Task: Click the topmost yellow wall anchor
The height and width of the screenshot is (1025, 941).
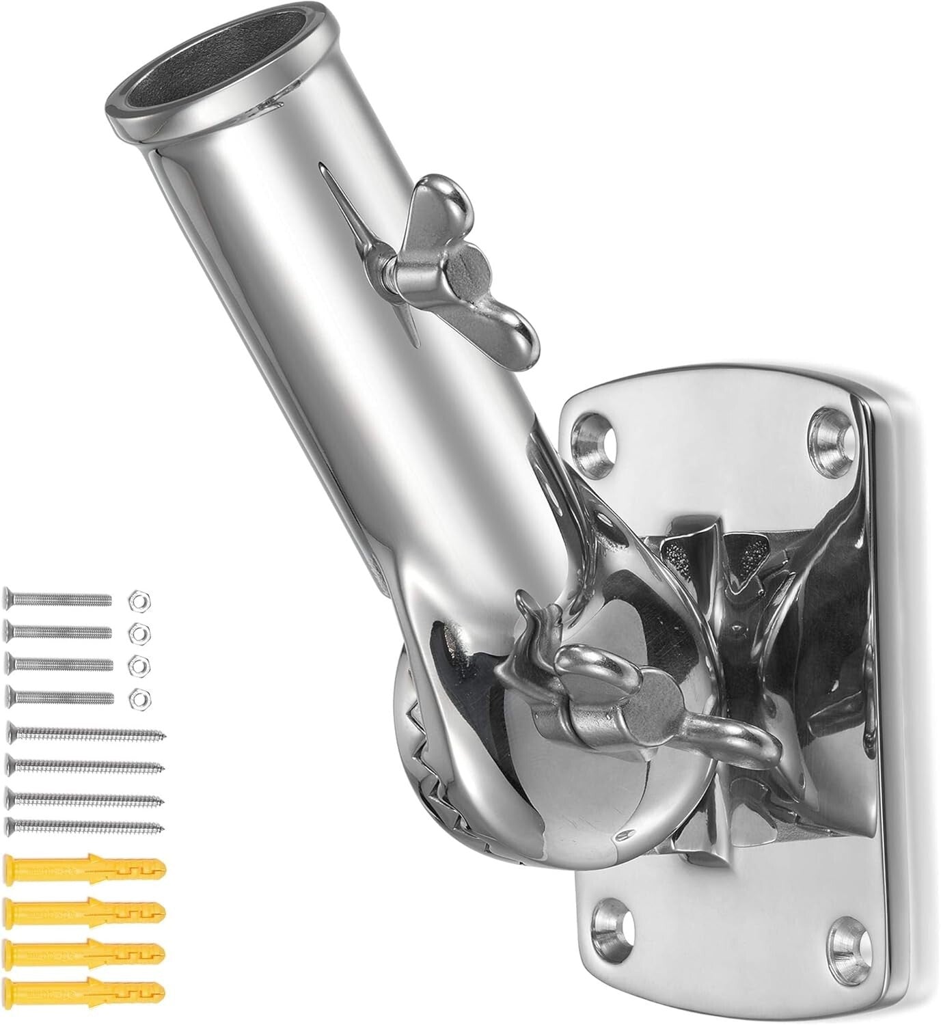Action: point(86,870)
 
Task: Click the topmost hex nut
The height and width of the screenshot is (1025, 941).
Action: point(139,601)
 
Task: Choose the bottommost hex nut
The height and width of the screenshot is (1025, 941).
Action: point(139,696)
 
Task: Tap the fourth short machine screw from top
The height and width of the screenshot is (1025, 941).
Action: point(60,696)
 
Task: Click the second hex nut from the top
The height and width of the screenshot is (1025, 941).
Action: point(139,631)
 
